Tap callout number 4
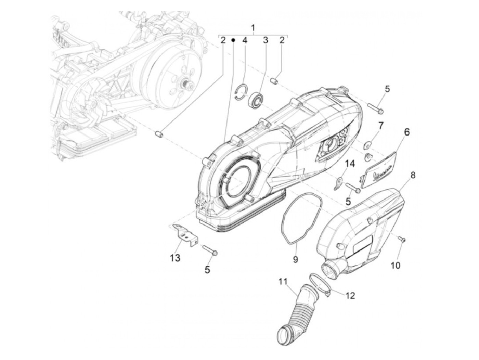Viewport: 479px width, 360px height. coord(245,40)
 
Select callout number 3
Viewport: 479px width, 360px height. coord(266,40)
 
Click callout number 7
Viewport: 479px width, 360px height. coord(380,126)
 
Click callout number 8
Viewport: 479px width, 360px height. coord(413,176)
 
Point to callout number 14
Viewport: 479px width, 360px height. coord(349,165)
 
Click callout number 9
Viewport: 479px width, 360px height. coord(295,260)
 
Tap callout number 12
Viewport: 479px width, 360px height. coord(350,295)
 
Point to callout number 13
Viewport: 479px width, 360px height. coord(175,258)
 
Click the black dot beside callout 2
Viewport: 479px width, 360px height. coord(233,40)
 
